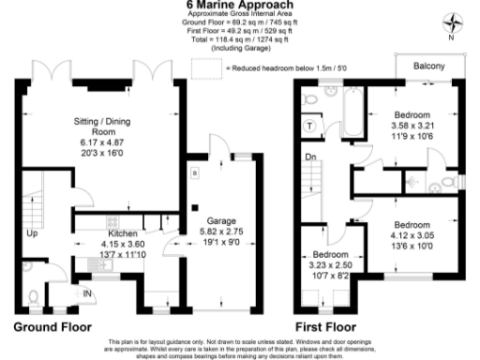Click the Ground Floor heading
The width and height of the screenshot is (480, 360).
tap(52, 327)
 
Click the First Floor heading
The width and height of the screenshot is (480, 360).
tap(326, 327)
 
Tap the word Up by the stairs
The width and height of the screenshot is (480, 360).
tap(33, 232)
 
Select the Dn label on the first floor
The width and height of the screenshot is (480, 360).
tap(309, 158)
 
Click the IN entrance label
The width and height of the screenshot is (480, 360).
tap(88, 294)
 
